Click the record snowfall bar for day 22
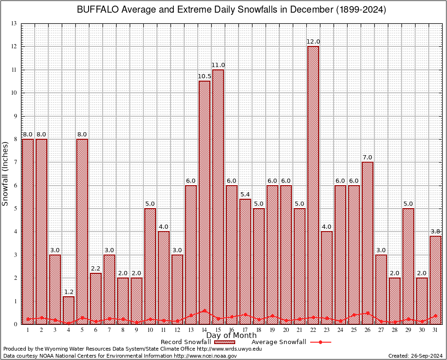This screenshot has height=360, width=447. tap(313, 185)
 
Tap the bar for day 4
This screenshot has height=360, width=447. tap(68, 310)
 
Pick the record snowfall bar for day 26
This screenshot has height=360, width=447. tap(367, 243)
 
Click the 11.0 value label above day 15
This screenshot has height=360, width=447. tap(218, 65)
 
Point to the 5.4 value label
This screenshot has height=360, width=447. tap(245, 194)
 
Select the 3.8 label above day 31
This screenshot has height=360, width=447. tap(435, 231)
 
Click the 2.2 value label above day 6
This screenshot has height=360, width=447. tap(96, 268)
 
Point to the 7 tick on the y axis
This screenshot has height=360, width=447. tap(15, 162)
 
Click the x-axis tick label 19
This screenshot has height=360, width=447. tap(272, 330)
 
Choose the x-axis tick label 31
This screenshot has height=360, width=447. tap(435, 330)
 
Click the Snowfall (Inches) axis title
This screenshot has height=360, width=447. tap(6, 173)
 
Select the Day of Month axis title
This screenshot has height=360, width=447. tap(231, 336)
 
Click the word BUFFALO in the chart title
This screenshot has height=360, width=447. tap(98, 10)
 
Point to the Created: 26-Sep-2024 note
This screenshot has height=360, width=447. tap(416, 356)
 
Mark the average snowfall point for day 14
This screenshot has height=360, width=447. tap(204, 310)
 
